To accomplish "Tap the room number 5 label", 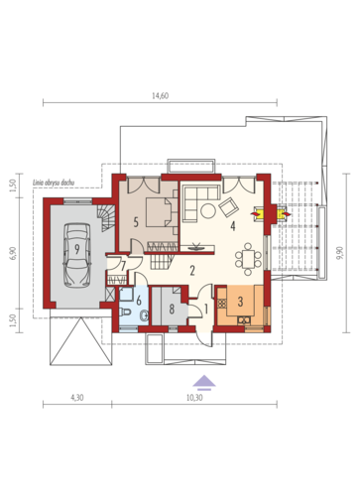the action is (136, 222).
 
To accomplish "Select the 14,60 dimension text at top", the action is (161, 96).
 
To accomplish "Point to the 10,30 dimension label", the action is (194, 398).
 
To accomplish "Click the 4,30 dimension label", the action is (77, 398).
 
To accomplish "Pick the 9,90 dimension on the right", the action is (340, 253).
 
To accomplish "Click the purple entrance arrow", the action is (204, 381).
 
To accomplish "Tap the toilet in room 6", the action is (125, 312).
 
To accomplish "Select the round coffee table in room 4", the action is (208, 210).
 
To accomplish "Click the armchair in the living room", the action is (229, 206).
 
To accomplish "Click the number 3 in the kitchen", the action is (240, 302).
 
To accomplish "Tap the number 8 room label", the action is (172, 310).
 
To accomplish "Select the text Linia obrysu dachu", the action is (53, 183).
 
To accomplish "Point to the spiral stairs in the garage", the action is (106, 218).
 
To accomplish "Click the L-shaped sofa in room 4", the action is (197, 198).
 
